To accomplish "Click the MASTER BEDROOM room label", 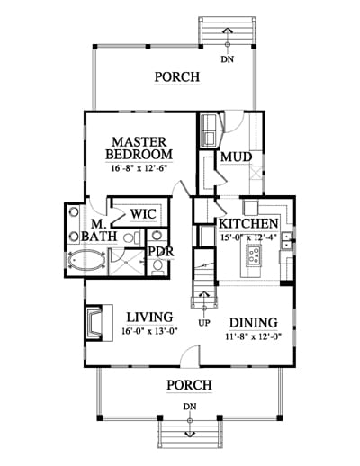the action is tap(139, 148).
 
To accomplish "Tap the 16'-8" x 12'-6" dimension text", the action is tap(139, 168).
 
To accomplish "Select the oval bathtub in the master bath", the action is tap(86, 260).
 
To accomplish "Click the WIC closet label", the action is tap(143, 214).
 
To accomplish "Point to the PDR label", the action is tap(161, 252).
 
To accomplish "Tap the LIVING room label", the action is tap(149, 318).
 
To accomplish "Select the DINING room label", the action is tap(254, 323).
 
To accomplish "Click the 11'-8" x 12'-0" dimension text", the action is tap(253, 336).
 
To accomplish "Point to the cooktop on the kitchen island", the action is tap(254, 255).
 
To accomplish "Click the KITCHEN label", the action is tap(248, 224).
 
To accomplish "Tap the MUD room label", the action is tap(236, 157).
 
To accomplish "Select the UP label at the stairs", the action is tap(204, 323).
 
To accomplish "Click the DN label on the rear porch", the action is tap(228, 59).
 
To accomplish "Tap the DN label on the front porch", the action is tap(190, 407).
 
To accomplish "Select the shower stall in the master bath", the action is tap(126, 262).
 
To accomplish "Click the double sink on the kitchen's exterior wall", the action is tap(286, 240).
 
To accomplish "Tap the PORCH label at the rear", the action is tap(177, 77).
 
